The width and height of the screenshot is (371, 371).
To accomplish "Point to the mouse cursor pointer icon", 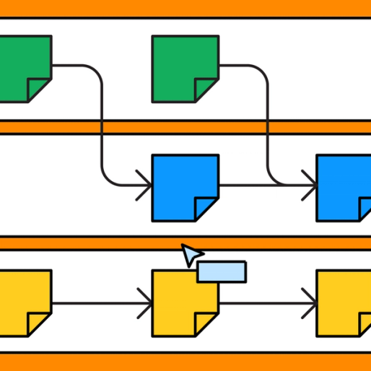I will pos(191,254).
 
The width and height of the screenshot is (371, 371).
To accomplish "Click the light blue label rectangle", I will pos(222,271).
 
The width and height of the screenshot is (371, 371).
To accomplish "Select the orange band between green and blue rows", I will pos(185,127).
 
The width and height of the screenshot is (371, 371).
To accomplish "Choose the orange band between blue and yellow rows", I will pos(108,243).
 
